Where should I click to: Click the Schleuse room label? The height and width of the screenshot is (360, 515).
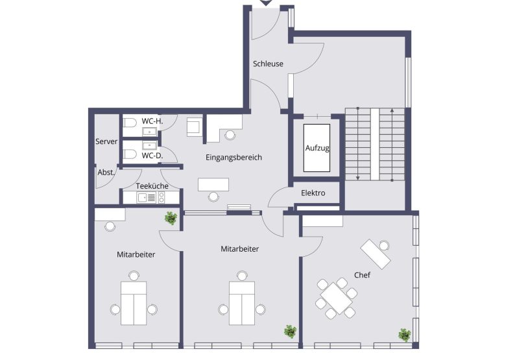[x=268, y=64]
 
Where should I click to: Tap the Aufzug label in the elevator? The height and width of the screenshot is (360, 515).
[x=317, y=148]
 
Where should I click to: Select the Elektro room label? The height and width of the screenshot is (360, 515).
[x=313, y=193]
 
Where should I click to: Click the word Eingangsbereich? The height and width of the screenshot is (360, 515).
[x=234, y=158]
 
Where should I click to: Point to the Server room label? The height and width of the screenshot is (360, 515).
[x=106, y=141]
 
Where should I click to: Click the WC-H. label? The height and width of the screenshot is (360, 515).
[x=152, y=121]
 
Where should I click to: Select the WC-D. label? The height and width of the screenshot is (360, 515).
[x=152, y=156]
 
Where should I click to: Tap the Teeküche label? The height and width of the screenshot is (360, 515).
[x=152, y=186]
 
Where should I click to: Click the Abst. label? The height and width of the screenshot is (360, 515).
[x=106, y=173]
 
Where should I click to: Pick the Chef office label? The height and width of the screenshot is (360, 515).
[x=362, y=276]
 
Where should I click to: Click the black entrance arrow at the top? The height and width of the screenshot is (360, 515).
[x=267, y=3]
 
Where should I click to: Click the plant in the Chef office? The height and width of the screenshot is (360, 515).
[x=405, y=335]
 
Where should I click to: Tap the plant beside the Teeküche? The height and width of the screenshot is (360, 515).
[x=171, y=218]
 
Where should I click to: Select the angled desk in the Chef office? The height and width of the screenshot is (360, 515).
[x=376, y=253]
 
